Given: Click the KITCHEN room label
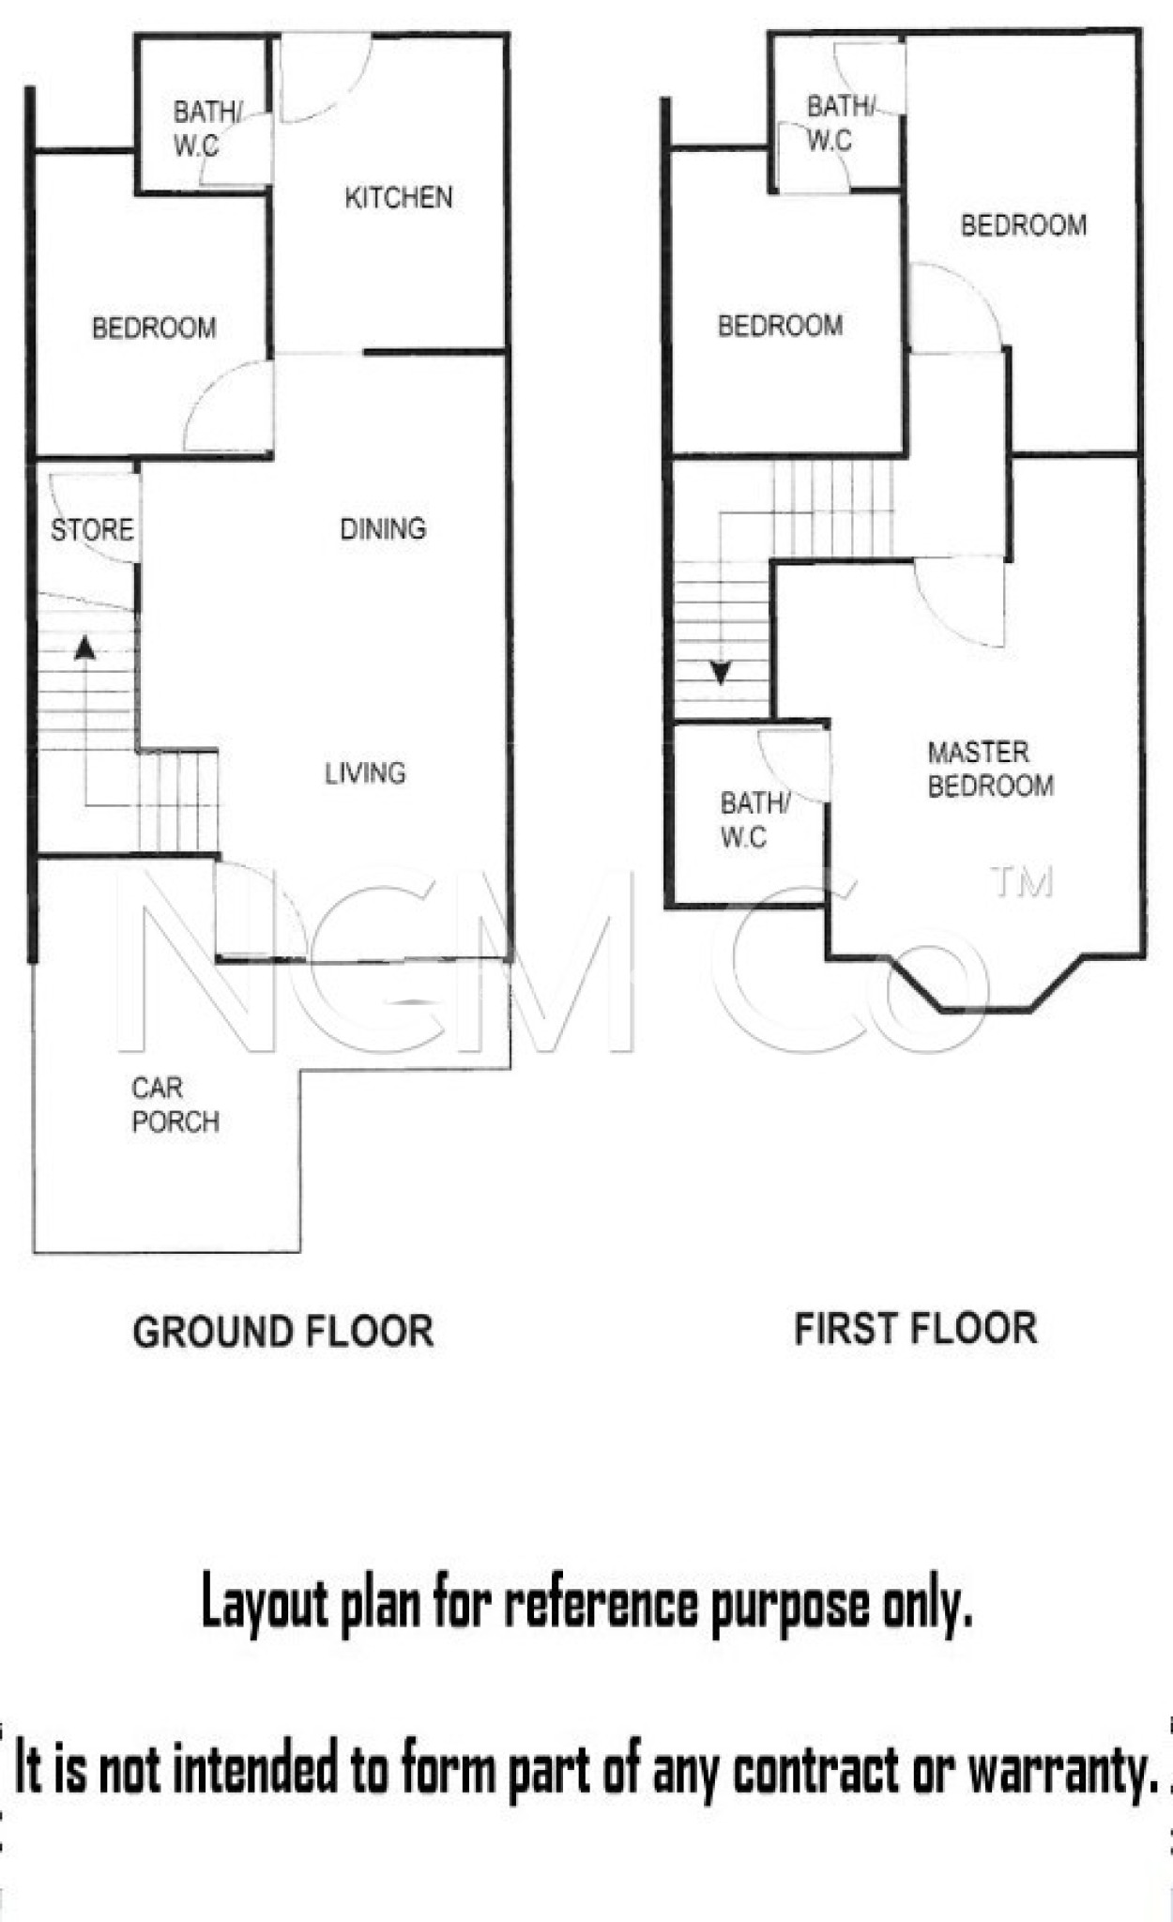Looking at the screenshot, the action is coord(399,197).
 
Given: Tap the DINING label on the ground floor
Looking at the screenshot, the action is coord(383,529).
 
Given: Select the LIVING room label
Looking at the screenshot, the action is coord(365,773).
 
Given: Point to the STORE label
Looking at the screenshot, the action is coord(92,530).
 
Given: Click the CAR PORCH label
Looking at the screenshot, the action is coord(175,1105).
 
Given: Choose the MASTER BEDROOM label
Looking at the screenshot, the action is coord(991,769).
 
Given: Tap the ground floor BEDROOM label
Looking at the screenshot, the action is coord(154,328).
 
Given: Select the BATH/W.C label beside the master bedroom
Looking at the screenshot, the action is coord(755,820).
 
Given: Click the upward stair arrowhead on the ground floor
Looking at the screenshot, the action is coord(85,647).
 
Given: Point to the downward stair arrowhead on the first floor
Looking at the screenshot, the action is coord(721,672).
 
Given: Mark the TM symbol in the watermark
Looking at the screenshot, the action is coord(1023,882).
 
